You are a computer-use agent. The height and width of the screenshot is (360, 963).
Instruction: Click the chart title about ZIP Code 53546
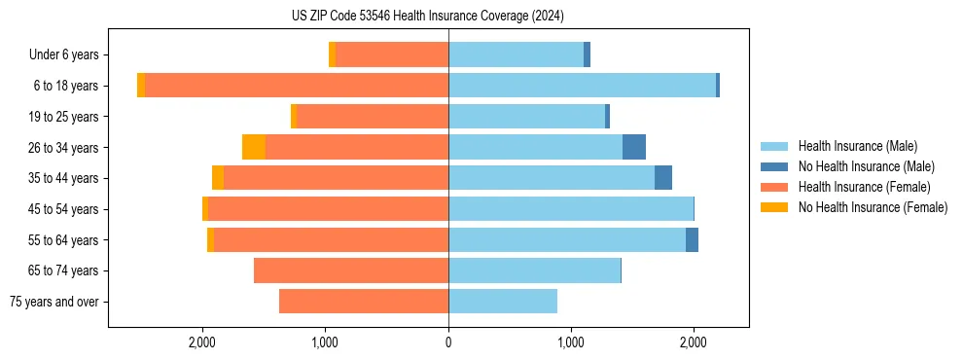click(x=427, y=17)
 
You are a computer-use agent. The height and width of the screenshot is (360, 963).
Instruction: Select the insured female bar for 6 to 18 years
click(x=297, y=86)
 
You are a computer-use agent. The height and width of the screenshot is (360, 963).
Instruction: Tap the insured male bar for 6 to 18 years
click(x=582, y=86)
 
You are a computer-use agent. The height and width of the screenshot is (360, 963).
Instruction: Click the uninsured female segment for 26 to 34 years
click(x=254, y=147)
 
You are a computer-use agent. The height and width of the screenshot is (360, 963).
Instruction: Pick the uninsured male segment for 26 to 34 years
click(x=634, y=147)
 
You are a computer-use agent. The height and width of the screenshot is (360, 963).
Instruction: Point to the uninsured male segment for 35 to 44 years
click(x=663, y=178)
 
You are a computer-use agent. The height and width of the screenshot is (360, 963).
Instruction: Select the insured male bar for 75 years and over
click(x=503, y=302)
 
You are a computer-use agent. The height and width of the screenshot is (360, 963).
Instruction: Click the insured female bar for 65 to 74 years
click(x=351, y=270)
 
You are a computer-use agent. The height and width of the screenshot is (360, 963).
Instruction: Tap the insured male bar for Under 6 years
click(x=516, y=54)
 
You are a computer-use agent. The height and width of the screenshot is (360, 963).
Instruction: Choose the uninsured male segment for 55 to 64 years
click(x=692, y=240)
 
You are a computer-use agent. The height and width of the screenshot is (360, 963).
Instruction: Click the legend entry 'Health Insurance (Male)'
click(x=856, y=146)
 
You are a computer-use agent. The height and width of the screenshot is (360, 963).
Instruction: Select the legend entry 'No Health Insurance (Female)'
click(x=872, y=207)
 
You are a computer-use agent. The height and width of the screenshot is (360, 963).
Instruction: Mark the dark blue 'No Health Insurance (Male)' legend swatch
click(x=774, y=166)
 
